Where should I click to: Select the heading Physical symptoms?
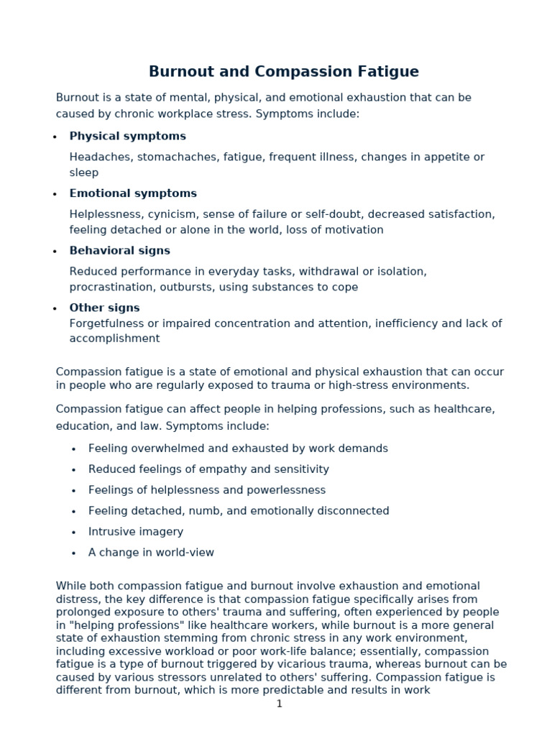coord(127,136)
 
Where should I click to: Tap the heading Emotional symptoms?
coord(133,193)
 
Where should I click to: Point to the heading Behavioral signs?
coord(119,251)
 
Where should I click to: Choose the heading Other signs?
coord(104,308)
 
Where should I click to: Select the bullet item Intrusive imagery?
coord(136,532)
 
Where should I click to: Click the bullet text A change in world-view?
coord(151,553)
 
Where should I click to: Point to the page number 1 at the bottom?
coord(280,704)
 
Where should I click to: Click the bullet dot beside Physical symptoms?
coord(55,137)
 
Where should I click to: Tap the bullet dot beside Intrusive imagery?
coord(74,533)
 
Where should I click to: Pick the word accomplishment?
coord(114,339)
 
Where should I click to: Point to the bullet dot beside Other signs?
coord(55,308)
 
